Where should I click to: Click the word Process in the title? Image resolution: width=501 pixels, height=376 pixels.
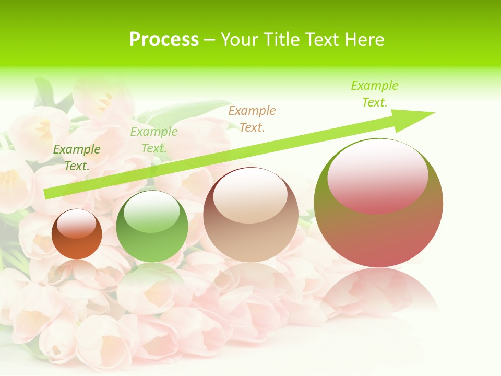coord(164,40)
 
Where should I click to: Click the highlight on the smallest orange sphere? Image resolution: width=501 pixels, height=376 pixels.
coord(77,224)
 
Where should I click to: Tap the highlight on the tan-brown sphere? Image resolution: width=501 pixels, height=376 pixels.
coord(250,196)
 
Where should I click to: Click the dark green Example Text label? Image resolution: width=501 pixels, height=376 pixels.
coord(77,157)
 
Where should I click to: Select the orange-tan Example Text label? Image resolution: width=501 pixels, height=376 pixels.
coord(252,119)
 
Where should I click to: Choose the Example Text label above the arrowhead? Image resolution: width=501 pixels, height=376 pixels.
coord(374,93)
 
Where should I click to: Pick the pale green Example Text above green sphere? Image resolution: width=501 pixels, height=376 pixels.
coord(154,139)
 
